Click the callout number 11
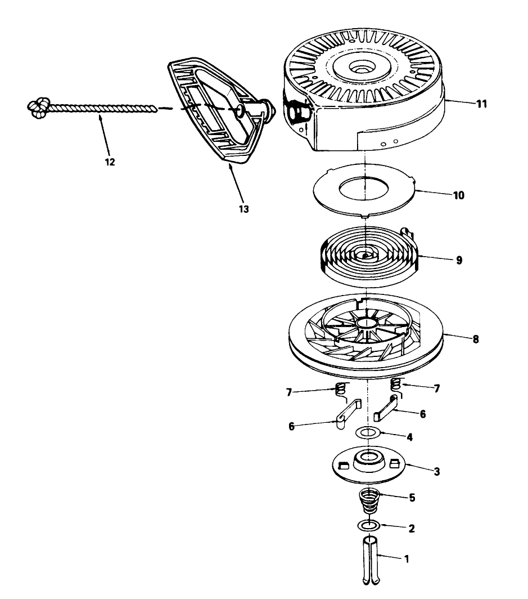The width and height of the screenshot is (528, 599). pyautogui.click(x=466, y=104)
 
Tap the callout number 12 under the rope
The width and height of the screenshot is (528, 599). pyautogui.click(x=110, y=162)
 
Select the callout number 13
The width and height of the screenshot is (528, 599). pyautogui.click(x=243, y=209)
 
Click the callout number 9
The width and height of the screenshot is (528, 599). pyautogui.click(x=459, y=260)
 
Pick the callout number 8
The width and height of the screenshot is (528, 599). pyautogui.click(x=476, y=340)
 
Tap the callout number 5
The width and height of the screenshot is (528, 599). pyautogui.click(x=412, y=497)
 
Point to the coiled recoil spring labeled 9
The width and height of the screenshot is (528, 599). pyautogui.click(x=365, y=257)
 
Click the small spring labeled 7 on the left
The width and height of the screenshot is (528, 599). pyautogui.click(x=340, y=388)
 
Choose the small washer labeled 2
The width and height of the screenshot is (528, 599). pyautogui.click(x=368, y=526)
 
